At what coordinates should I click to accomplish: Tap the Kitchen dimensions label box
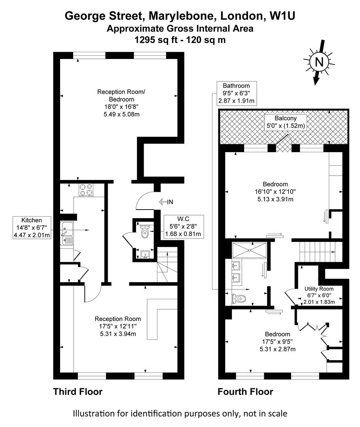32,228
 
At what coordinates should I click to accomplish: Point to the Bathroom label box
236,93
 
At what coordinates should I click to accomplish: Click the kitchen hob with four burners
87,190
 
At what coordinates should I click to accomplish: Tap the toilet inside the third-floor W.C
145,232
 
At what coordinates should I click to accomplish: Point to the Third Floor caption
78,392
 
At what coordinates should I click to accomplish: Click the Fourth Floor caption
245,392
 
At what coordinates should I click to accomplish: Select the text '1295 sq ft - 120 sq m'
180,40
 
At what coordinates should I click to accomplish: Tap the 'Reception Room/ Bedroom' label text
121,96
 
